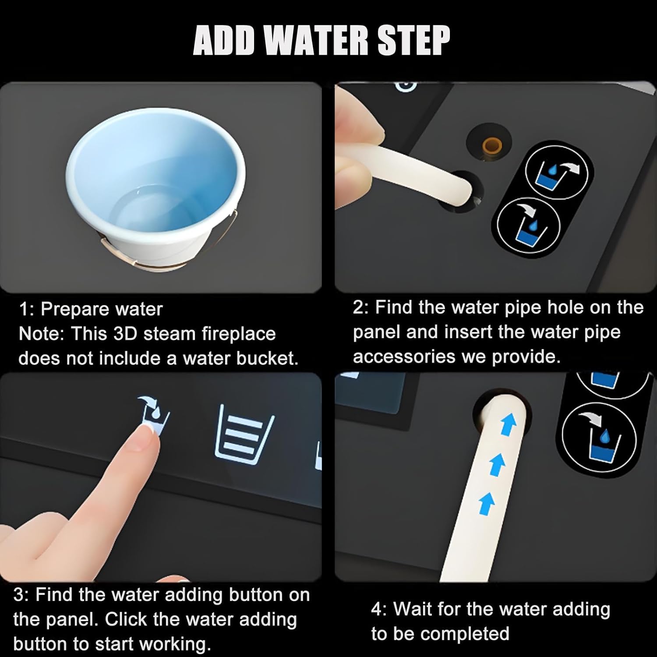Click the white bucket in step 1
click(155, 191)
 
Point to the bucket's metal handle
click(171, 252)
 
